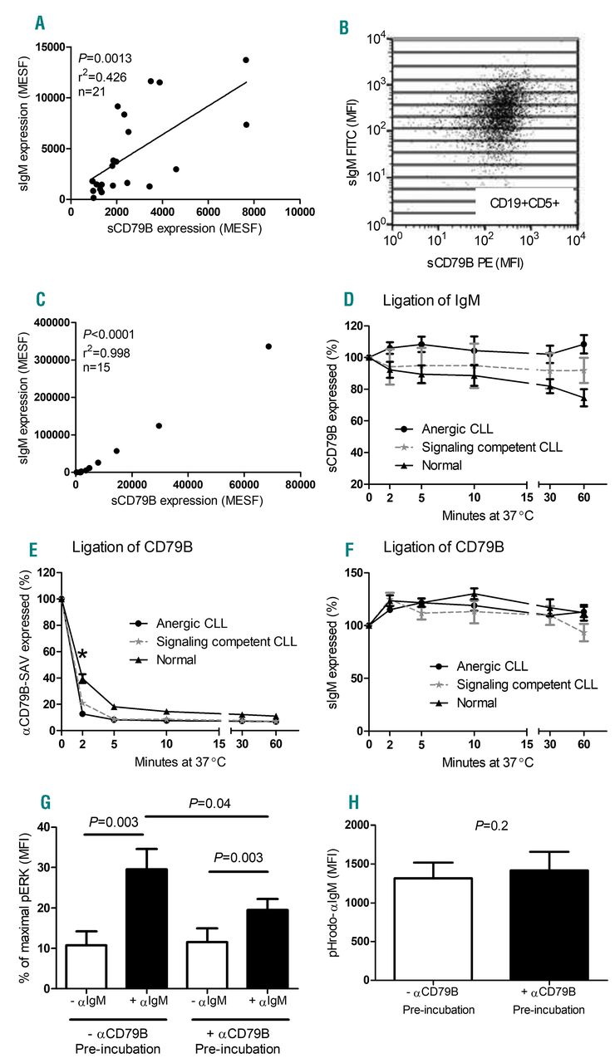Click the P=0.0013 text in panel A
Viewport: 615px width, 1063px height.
(103, 58)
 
